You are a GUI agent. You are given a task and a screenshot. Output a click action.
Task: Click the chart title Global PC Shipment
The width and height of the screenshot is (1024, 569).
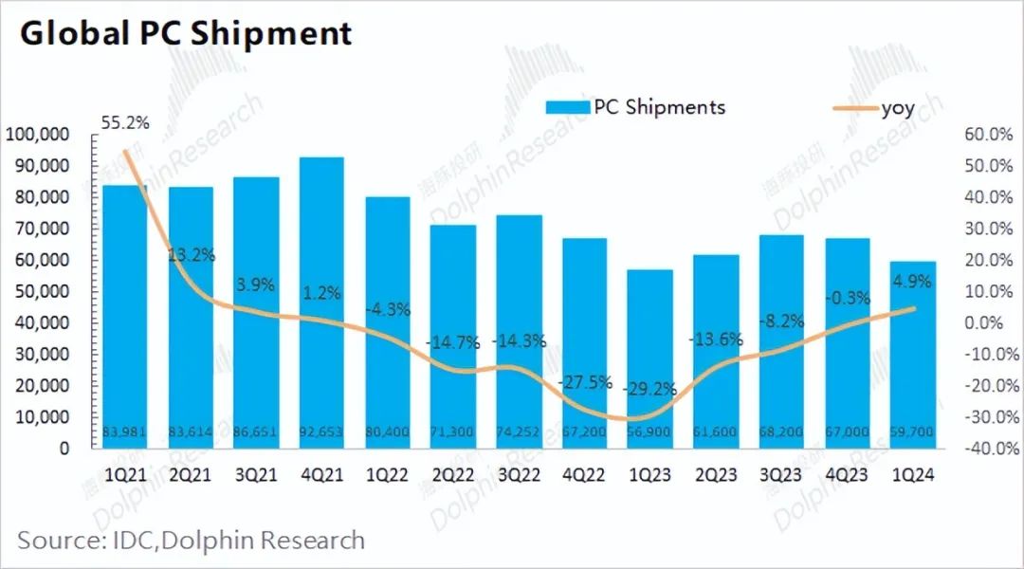click(x=187, y=34)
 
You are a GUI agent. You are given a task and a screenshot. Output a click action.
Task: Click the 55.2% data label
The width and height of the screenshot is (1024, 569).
click(x=124, y=122)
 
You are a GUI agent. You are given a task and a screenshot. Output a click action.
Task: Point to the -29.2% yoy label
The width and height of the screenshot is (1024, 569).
click(x=649, y=389)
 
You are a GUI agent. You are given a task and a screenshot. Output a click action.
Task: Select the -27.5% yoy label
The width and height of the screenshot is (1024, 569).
click(x=585, y=382)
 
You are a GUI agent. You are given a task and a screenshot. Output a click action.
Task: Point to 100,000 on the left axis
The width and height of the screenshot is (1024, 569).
click(x=37, y=135)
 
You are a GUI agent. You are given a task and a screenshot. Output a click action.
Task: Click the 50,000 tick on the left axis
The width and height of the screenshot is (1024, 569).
click(x=41, y=291)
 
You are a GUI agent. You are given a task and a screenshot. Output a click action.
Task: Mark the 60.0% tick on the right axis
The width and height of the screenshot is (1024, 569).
click(x=990, y=135)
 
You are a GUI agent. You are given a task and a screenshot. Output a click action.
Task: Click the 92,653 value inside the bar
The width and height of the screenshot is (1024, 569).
click(x=320, y=432)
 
